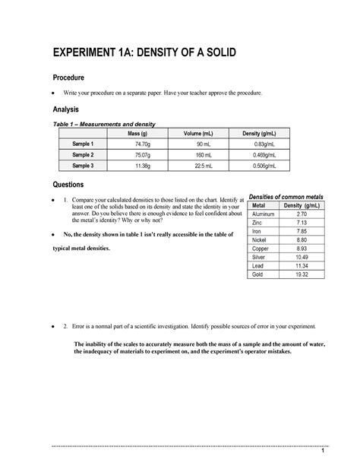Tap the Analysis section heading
point(68,109)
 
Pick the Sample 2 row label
point(82,154)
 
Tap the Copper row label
point(259,248)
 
